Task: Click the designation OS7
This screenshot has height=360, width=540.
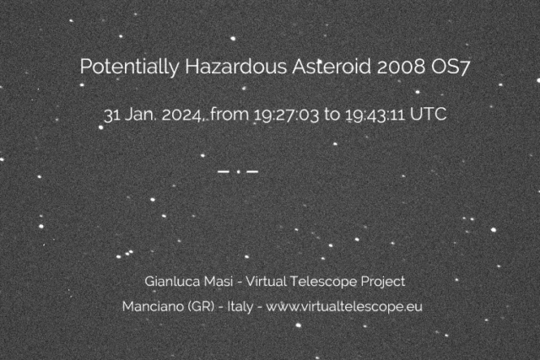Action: (440, 67)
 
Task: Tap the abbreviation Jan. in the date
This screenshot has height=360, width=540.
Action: (138, 115)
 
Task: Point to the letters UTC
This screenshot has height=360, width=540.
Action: (429, 115)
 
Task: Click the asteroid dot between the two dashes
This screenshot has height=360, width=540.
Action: (239, 173)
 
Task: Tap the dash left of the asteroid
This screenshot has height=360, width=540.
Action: (224, 172)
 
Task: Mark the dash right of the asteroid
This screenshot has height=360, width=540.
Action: (252, 172)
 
